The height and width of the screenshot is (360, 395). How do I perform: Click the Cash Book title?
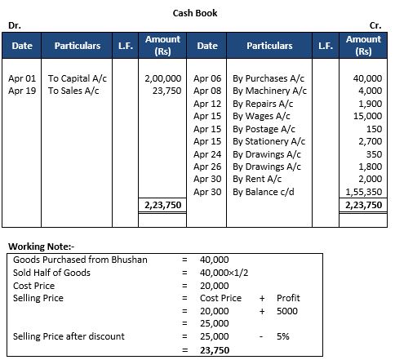195,13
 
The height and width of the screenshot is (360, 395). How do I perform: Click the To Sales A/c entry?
73,91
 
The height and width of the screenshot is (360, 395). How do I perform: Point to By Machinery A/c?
269,91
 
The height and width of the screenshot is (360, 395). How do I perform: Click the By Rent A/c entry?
257,180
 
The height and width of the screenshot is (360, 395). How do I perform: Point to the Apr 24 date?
208,154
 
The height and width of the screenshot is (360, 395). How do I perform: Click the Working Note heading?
40,246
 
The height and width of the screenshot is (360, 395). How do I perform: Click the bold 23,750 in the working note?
215,349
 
